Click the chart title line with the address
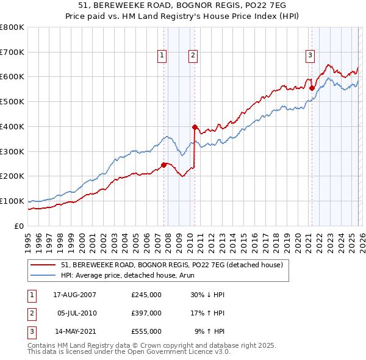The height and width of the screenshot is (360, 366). [x=183, y=5]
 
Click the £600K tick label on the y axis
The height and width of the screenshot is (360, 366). [x=12, y=77]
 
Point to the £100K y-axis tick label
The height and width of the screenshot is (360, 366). [x=12, y=201]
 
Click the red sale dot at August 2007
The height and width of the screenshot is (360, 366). [x=164, y=165]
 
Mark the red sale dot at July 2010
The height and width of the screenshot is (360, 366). [x=195, y=128]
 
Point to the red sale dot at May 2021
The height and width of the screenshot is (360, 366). [x=312, y=88]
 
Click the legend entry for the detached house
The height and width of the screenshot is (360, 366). [x=171, y=265]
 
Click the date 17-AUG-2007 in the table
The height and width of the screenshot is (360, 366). [x=75, y=294]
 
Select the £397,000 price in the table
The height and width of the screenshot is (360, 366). [x=146, y=312]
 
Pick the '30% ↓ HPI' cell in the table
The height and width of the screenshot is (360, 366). [x=207, y=294]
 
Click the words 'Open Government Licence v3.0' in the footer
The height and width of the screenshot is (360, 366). [x=183, y=352]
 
